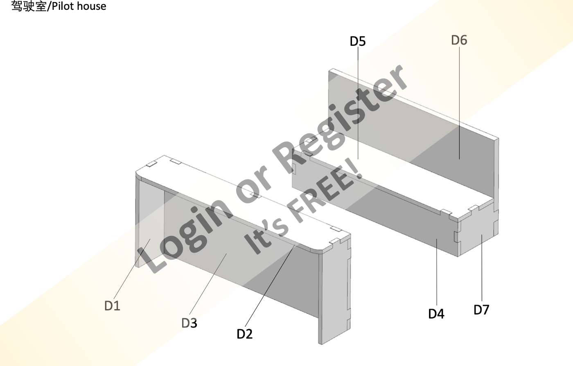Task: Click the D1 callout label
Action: click(x=112, y=305)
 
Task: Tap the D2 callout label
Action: click(x=244, y=334)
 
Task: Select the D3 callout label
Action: click(x=189, y=323)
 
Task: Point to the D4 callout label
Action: click(x=436, y=314)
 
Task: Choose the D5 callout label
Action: click(x=358, y=41)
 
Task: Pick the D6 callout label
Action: click(x=459, y=40)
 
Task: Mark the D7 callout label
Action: click(x=481, y=310)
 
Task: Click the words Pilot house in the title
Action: click(x=79, y=6)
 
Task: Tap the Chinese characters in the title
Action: click(x=29, y=6)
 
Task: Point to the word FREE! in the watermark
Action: click(x=327, y=192)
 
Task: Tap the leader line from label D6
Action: click(x=459, y=102)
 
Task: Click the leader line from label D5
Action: click(x=358, y=102)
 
